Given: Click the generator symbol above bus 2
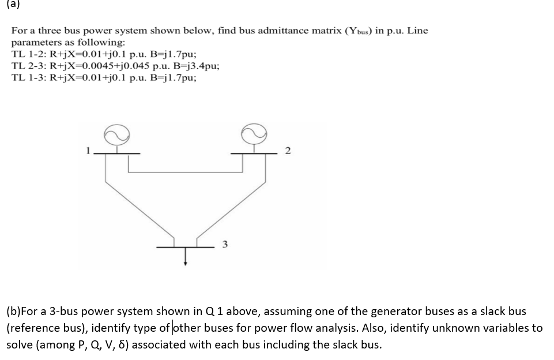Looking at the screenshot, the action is point(256,134).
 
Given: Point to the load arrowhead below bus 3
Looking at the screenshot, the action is point(185,264).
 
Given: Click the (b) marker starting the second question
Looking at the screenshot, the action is point(13,312).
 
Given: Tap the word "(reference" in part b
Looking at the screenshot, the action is point(34,328).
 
